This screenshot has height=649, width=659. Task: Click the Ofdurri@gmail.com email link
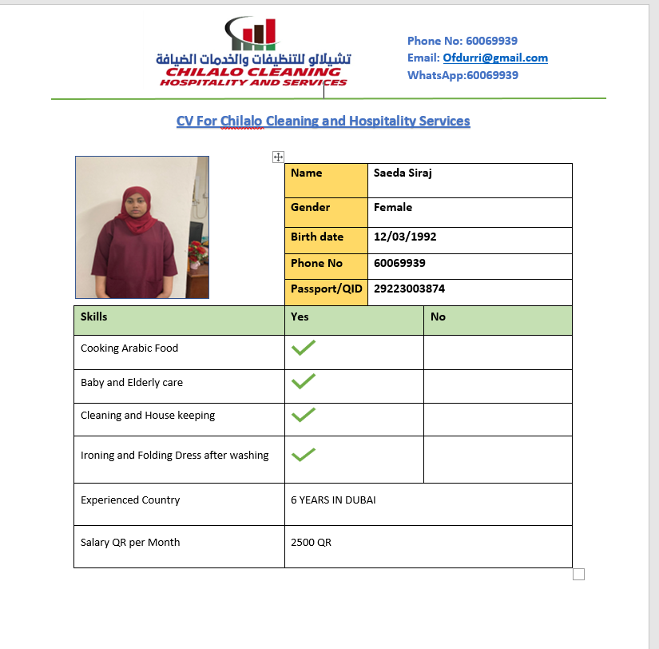pos(495,58)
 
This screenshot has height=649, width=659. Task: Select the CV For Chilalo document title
pos(323,121)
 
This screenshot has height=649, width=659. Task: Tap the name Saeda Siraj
pos(403,173)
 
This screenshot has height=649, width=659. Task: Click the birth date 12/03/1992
pos(405,237)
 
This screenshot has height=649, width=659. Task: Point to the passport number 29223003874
pos(409,289)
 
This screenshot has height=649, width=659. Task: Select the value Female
pos(393,208)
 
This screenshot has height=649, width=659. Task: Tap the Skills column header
pos(94,317)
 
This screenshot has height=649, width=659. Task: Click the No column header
pos(438,317)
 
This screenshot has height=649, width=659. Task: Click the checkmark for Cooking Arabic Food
pos(303,348)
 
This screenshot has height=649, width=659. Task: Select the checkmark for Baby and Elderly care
pos(303,381)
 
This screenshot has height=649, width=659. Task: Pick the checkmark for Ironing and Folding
pos(303,455)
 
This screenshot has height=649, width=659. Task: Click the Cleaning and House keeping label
pos(148,416)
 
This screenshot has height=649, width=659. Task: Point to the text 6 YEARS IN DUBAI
pos(333,500)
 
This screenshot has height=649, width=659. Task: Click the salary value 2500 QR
pos(311,543)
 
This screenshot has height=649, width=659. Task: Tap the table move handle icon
pos(278,157)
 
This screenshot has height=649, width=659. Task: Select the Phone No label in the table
pos(316,263)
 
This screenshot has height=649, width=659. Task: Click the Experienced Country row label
pos(130,500)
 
